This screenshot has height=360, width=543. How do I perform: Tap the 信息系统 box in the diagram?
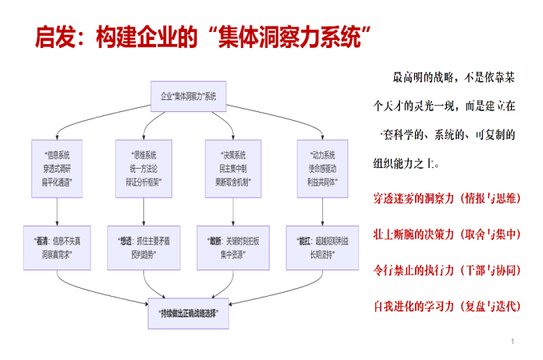click(x=58, y=168)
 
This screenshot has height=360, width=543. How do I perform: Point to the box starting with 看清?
click(x=58, y=246)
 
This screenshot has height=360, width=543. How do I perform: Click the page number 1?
click(x=512, y=342)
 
